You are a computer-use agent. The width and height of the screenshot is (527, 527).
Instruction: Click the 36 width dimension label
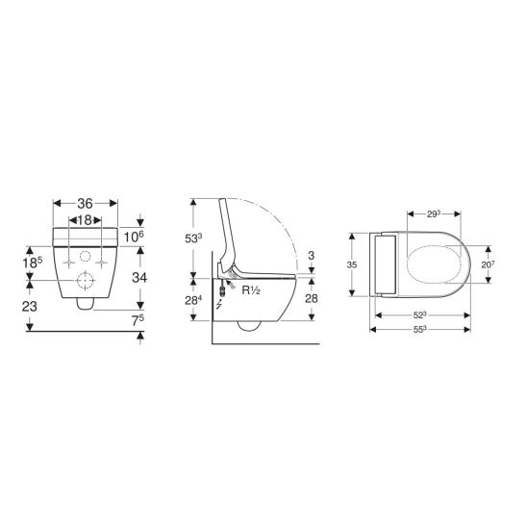[x=85, y=203]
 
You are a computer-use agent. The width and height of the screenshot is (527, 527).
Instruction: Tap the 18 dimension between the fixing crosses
[x=85, y=220]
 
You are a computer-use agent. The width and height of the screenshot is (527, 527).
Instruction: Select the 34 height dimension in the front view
[x=139, y=278]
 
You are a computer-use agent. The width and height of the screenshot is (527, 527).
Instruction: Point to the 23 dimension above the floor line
[x=30, y=306]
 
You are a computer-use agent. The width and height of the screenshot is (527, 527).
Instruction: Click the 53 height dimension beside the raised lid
[x=193, y=238]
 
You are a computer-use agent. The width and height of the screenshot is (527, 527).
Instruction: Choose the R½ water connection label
[x=251, y=290]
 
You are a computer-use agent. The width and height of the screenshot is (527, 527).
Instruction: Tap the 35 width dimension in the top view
[x=352, y=264]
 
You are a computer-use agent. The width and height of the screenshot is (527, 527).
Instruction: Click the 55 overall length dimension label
[x=420, y=329]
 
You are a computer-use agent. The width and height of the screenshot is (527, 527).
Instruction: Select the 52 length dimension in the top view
[x=420, y=314]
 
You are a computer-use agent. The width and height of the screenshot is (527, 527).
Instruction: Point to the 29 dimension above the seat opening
[x=434, y=213]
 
